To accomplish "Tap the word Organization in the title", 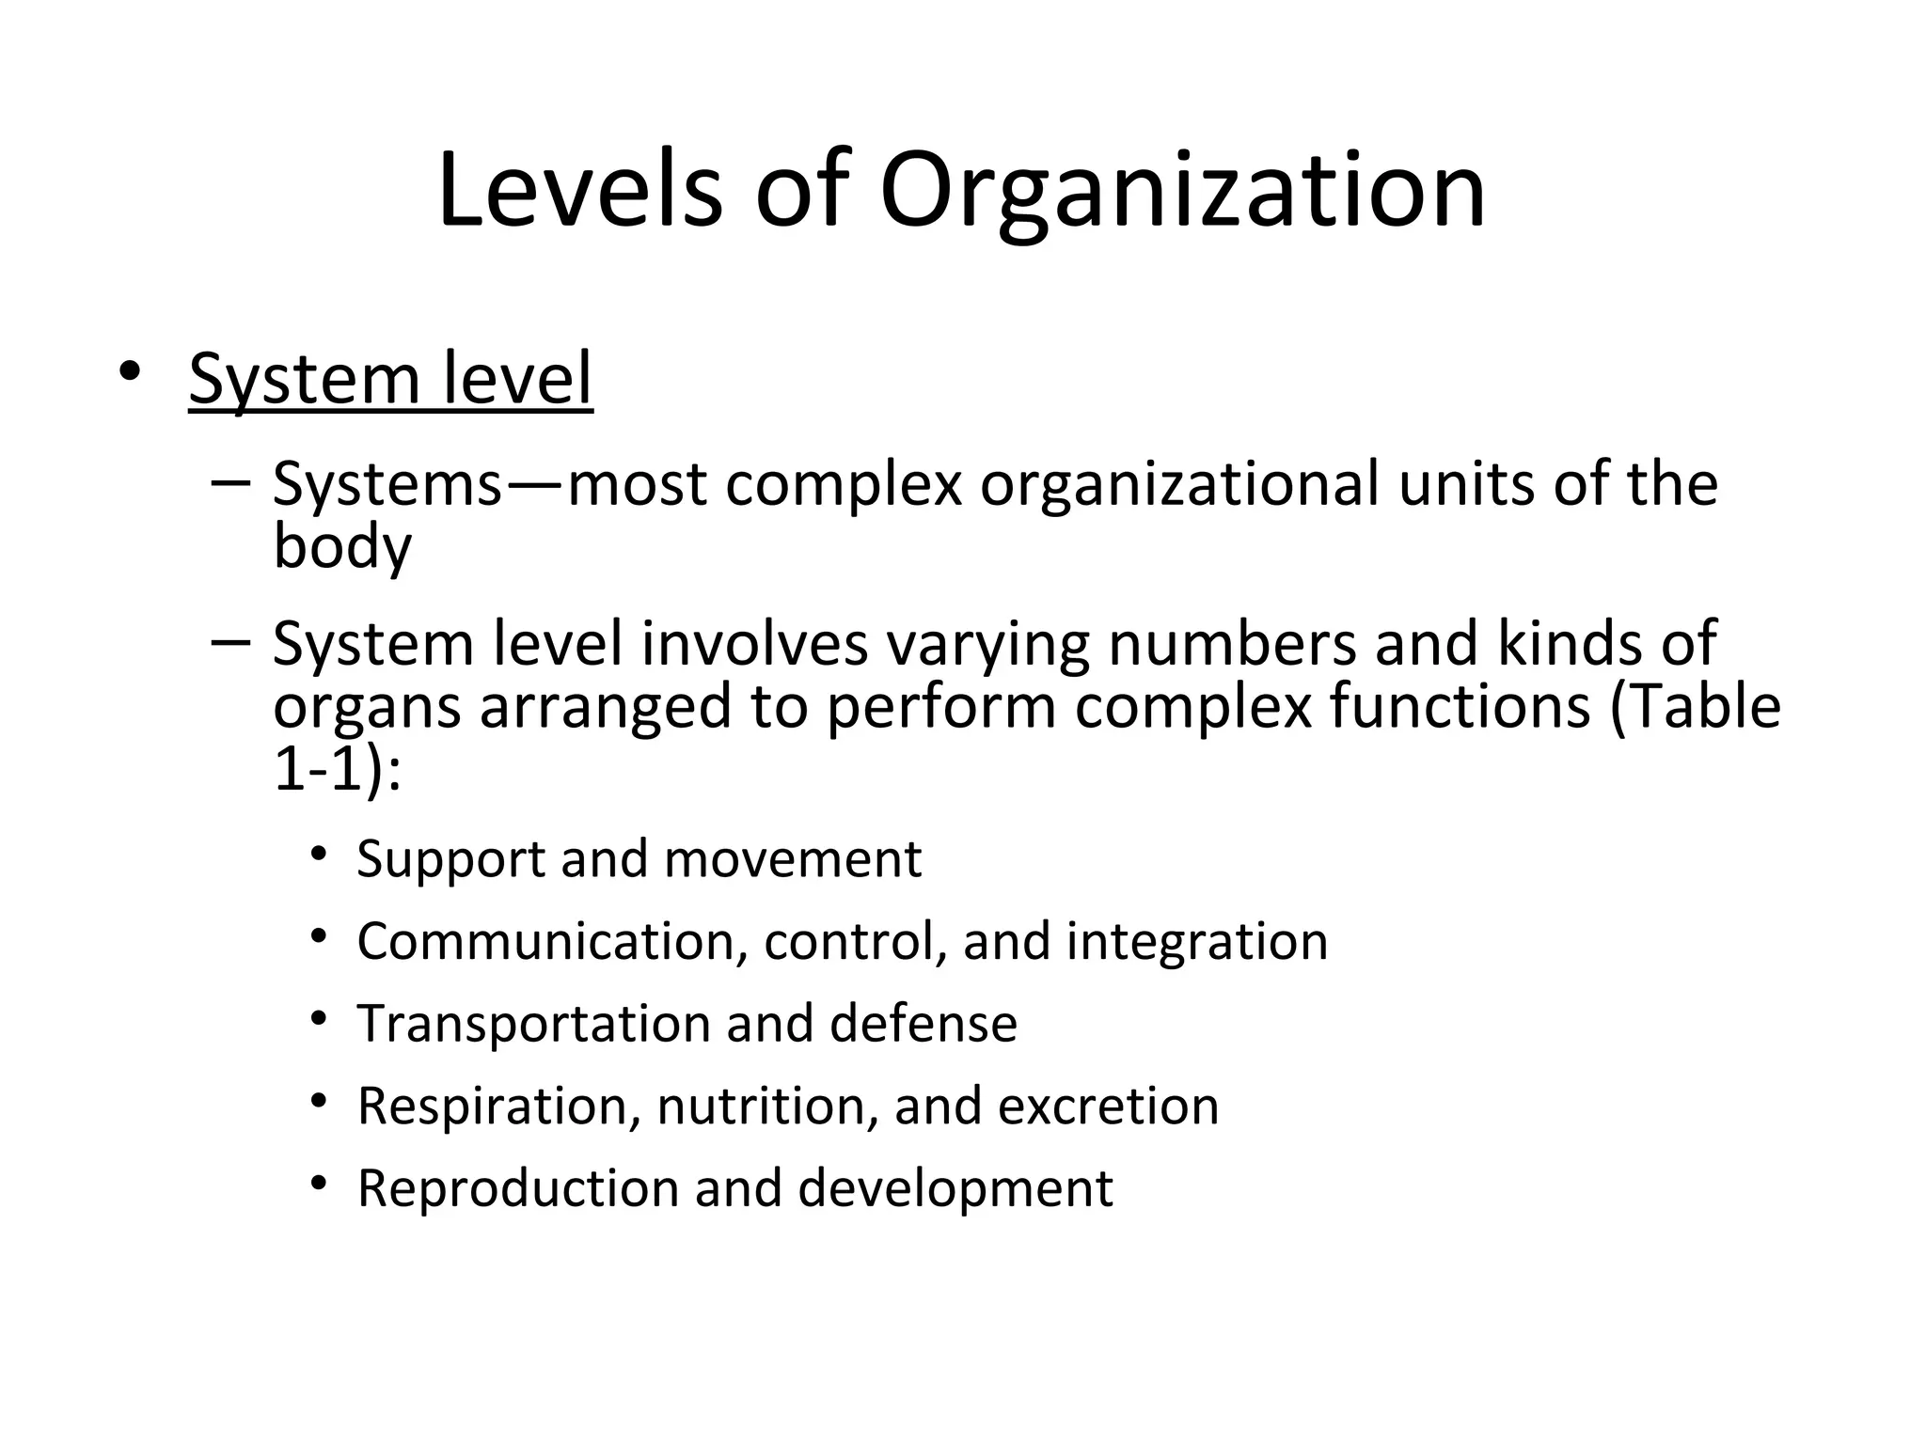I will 1182,193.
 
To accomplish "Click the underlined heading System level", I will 390,379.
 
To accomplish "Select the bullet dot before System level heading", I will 129,371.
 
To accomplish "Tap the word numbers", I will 1233,644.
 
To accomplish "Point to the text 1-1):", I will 337,770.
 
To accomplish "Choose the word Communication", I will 552,941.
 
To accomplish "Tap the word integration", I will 1196,942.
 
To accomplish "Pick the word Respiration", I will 492,1107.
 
